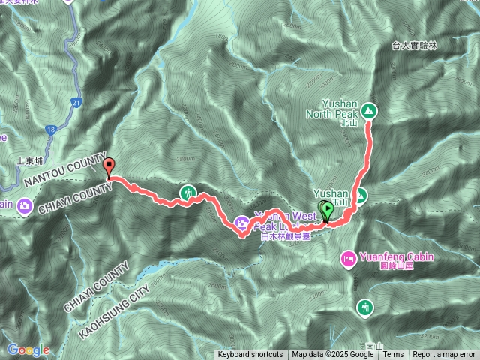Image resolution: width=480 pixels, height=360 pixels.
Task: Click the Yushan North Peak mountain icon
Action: pyautogui.click(x=368, y=110)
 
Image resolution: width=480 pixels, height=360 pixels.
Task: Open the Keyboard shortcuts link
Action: pyautogui.click(x=250, y=354)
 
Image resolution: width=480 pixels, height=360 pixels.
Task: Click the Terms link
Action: pyautogui.click(x=394, y=354)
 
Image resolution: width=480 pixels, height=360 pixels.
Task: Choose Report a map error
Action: pyautogui.click(x=444, y=354)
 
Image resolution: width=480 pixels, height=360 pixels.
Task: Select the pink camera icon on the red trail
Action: pyautogui.click(x=241, y=222)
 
